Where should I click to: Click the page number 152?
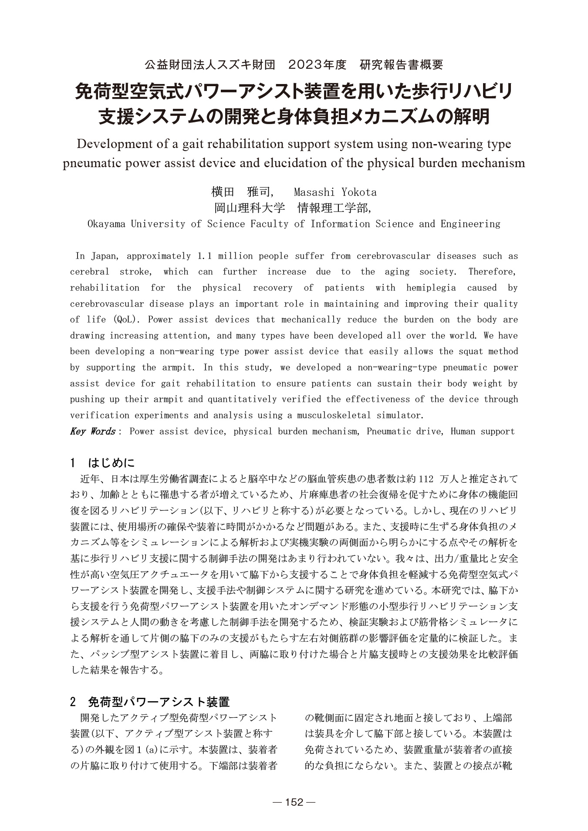pos(294,802)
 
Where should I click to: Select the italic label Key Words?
pos(92,431)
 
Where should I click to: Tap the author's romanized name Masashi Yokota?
pos(335,192)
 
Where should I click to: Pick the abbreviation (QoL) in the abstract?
pos(127,320)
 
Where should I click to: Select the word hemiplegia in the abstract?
pos(431,288)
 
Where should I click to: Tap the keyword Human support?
pos(483,431)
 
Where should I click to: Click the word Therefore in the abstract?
pos(492,272)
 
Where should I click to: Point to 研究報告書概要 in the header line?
pos(402,65)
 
